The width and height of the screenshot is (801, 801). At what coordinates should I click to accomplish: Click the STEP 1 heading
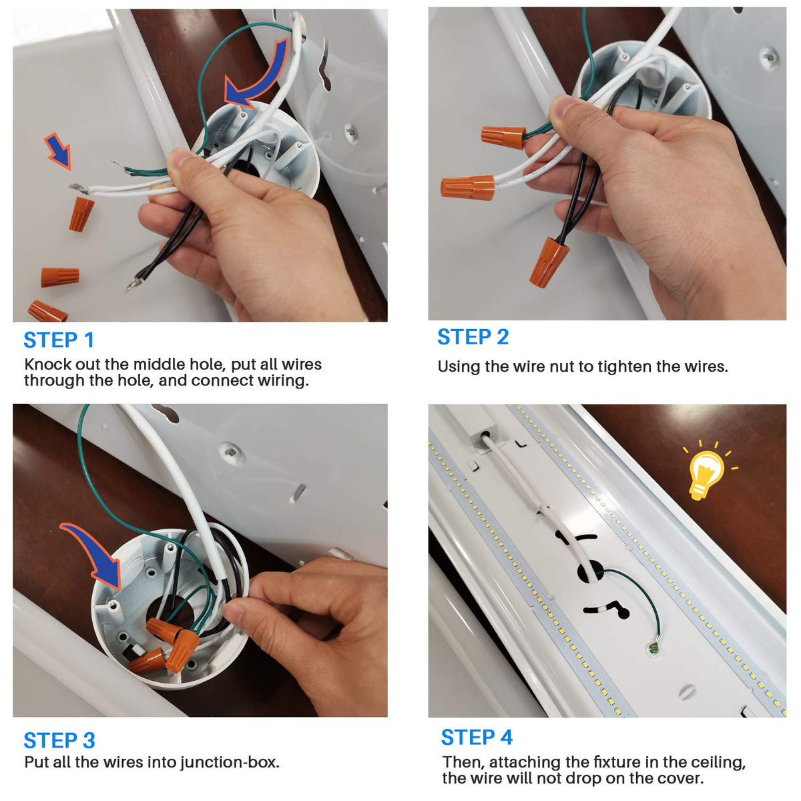click(x=59, y=340)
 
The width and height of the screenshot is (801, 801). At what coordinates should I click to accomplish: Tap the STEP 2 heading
click(x=473, y=336)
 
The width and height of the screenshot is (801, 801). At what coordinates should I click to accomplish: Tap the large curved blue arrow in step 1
click(x=258, y=75)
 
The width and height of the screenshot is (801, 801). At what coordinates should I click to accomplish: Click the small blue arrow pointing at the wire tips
click(x=58, y=151)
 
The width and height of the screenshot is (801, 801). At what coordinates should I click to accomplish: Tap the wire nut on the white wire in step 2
click(x=468, y=188)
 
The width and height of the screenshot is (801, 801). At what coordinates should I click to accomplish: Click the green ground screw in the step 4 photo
click(x=654, y=647)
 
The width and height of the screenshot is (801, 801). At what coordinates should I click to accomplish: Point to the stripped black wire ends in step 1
click(x=133, y=284)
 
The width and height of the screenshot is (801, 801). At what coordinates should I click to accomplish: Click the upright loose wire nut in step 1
click(x=81, y=214)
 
